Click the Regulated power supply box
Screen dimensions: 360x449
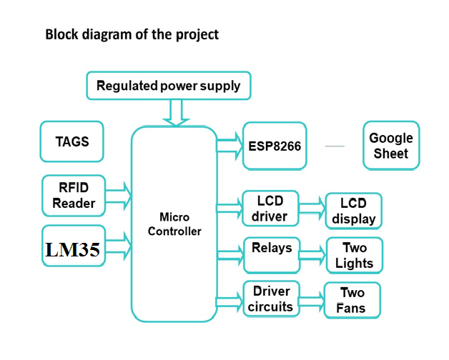tap(168, 86)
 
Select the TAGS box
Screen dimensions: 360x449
tap(71, 141)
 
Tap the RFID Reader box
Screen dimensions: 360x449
tap(74, 195)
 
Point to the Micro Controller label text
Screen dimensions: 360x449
tap(174, 224)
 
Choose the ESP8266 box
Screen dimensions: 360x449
tap(275, 146)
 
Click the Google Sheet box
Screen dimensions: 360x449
tap(390, 146)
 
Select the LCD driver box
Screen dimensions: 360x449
tap(270, 209)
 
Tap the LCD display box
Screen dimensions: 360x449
tap(353, 211)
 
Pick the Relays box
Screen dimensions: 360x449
tap(272, 254)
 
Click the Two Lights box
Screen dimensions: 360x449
tap(354, 256)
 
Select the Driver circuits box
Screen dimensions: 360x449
tap(271, 299)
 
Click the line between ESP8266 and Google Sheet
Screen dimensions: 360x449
tap(334, 146)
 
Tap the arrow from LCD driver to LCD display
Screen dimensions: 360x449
tap(312, 209)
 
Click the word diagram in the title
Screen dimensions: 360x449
tap(105, 34)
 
